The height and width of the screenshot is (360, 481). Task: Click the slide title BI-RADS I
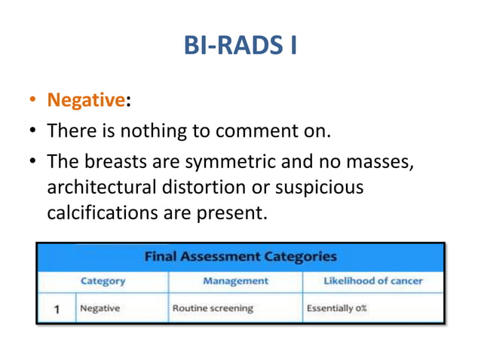tap(240, 47)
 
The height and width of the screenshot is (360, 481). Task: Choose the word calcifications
tap(102, 213)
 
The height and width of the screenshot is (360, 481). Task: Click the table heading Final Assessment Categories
tap(240, 257)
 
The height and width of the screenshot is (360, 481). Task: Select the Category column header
tap(103, 281)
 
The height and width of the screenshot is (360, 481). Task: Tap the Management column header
tap(235, 281)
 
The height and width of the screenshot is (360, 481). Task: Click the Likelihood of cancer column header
tap(372, 281)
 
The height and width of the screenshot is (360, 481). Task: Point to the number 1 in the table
tap(57, 309)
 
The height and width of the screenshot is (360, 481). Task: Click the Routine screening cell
tap(213, 309)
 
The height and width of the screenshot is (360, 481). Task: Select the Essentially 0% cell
tap(336, 309)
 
